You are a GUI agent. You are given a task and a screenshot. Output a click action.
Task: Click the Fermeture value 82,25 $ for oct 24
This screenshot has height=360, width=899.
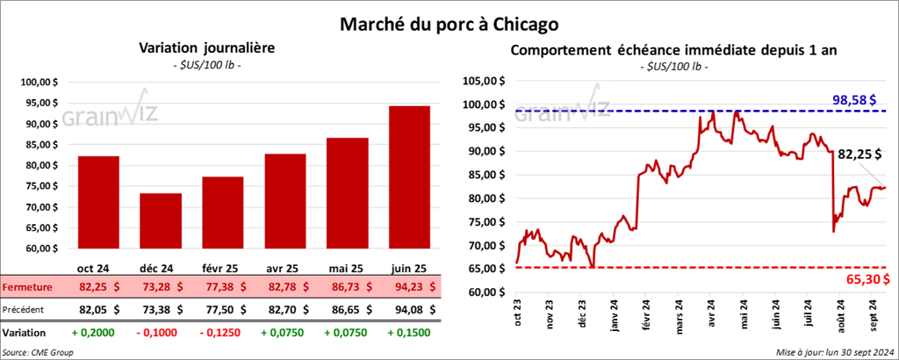click(x=99, y=287)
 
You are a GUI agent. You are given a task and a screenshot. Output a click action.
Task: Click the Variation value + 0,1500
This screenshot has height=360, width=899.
click(x=410, y=334)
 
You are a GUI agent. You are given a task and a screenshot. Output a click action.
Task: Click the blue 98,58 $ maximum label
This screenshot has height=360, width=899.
click(x=862, y=99)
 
